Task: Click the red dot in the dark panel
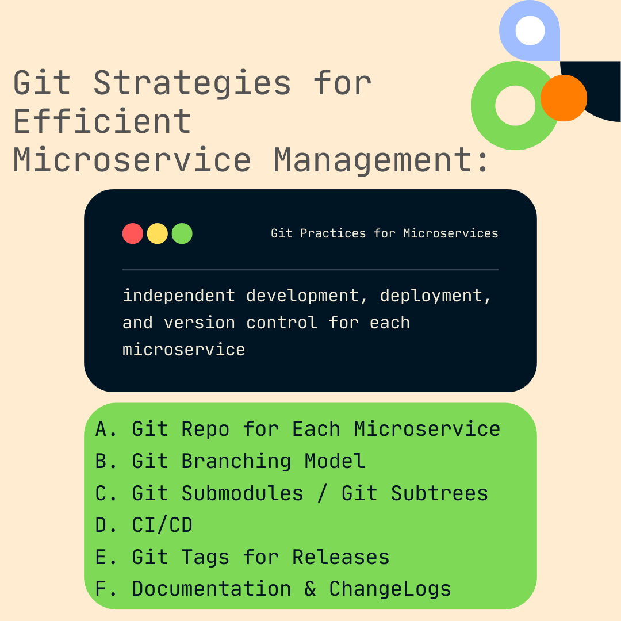pos(133,234)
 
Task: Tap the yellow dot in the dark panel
pos(158,234)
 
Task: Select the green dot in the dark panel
pos(182,234)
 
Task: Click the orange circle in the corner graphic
pos(563,98)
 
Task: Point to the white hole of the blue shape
pos(530,30)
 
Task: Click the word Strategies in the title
pos(192,83)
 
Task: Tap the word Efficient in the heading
pos(102,121)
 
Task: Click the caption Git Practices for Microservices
pos(384,233)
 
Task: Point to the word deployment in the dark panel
pos(435,296)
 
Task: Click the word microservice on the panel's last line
pos(184,350)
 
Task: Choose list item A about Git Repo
pos(298,429)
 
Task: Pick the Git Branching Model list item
pos(230,461)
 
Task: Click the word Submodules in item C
pos(242,493)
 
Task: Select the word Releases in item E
pos(340,557)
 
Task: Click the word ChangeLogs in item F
pos(390,589)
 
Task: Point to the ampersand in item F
pos(310,589)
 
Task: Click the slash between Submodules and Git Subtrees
pos(323,493)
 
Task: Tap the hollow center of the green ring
pos(515,105)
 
